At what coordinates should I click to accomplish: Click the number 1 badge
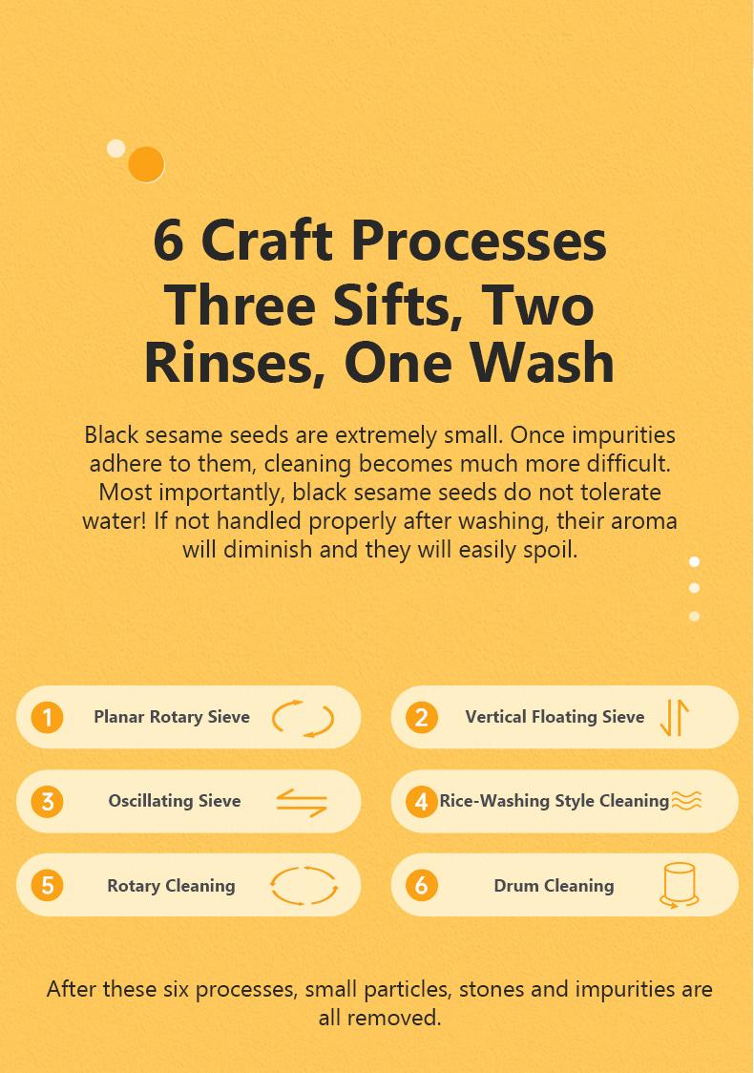coord(47,717)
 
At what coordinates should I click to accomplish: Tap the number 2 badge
coord(422,717)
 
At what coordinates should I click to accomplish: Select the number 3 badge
coord(47,801)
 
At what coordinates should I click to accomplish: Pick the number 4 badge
coord(422,801)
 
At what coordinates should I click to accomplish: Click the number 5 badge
coord(47,886)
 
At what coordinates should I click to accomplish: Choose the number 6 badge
coord(422,886)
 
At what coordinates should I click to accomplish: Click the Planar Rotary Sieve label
coord(172,717)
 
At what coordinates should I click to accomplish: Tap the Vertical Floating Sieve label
coord(555,717)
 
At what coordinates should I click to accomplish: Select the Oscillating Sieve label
coord(175,801)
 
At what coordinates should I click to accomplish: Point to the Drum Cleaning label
coord(555,886)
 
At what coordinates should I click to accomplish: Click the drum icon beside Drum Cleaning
coord(679,886)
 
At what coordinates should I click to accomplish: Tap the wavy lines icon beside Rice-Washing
coord(686,801)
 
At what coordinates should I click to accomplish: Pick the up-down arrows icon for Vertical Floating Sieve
coord(675,717)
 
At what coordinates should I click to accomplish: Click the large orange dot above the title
coord(146,164)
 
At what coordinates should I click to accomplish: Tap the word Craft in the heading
coord(267,241)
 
